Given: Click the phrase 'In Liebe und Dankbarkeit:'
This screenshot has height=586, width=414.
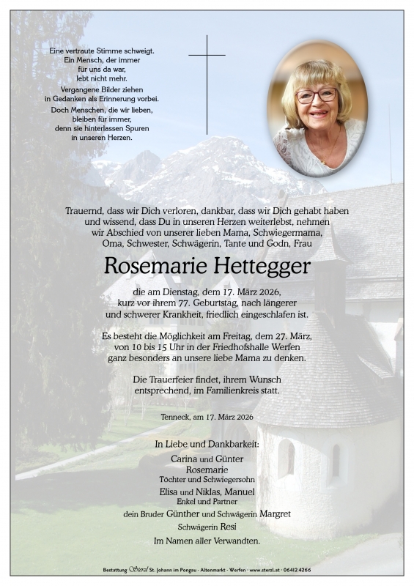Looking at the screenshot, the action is tap(207, 444).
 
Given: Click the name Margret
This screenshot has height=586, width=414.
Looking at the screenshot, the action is tap(274, 513).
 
